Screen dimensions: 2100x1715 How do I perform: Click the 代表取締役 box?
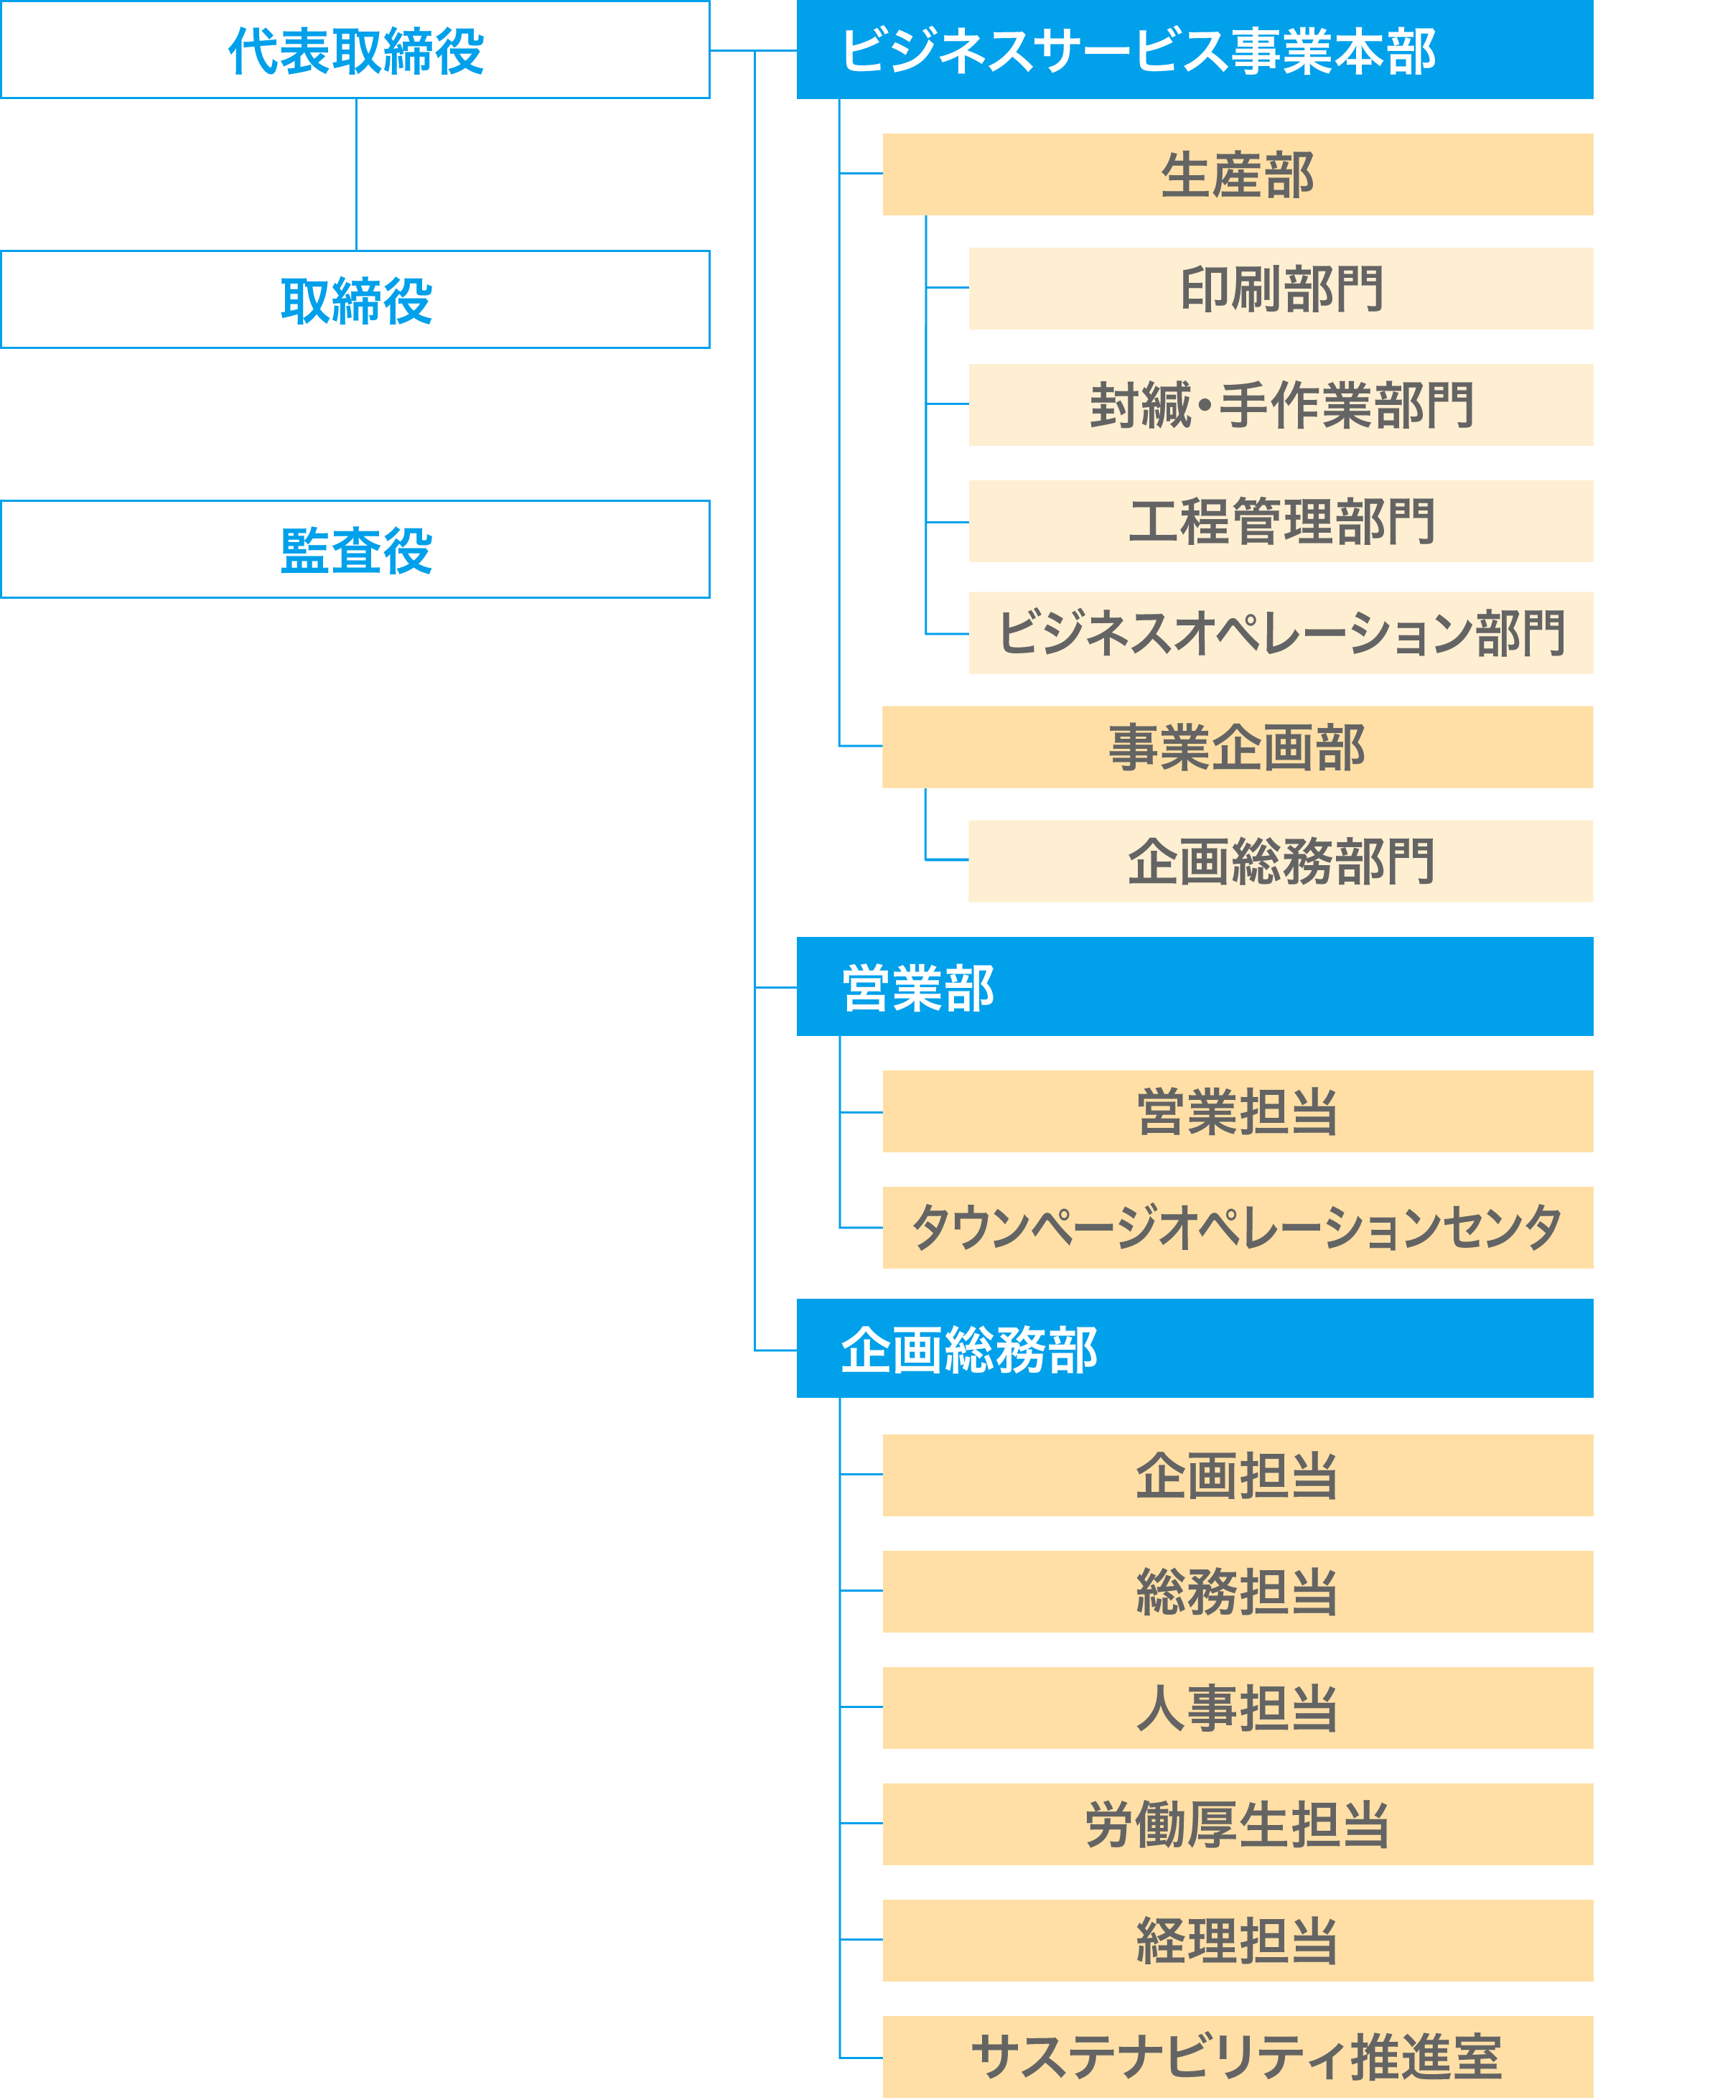pyautogui.click(x=355, y=50)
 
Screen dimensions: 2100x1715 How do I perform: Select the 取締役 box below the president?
pyautogui.click(x=355, y=299)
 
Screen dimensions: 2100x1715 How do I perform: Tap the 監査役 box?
pyautogui.click(x=355, y=549)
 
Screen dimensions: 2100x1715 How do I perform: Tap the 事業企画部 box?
pyautogui.click(x=1237, y=747)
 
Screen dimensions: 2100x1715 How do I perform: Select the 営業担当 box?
pyautogui.click(x=1237, y=1111)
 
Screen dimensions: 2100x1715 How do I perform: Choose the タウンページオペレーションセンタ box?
pyautogui.click(x=1237, y=1228)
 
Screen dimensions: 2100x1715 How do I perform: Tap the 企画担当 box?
pyautogui.click(x=1237, y=1475)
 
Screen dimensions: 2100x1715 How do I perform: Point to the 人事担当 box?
pyautogui.click(x=1237, y=1708)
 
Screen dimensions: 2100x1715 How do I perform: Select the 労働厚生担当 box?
pyautogui.click(x=1237, y=1824)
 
